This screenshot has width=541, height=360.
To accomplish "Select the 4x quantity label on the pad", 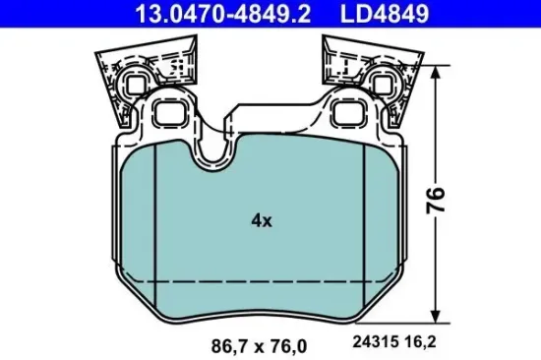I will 261,221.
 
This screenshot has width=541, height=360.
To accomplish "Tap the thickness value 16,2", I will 417,343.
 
